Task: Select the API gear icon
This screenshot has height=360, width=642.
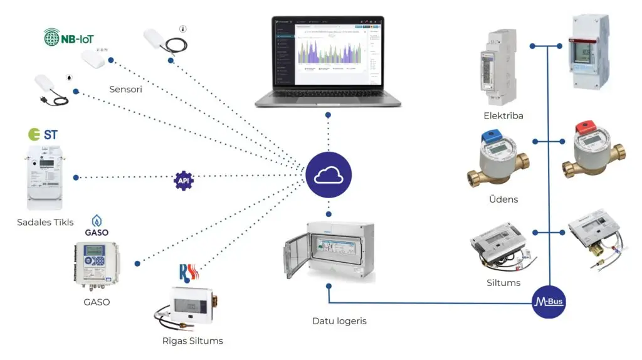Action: click(183, 180)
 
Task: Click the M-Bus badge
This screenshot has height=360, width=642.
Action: click(549, 302)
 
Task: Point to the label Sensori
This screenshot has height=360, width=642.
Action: click(125, 89)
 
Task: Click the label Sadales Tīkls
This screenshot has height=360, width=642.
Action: click(46, 222)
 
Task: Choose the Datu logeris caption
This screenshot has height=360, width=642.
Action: click(339, 321)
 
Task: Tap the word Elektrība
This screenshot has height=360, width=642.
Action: click(503, 115)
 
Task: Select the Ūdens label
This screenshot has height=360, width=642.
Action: click(503, 199)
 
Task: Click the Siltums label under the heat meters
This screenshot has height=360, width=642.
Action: click(503, 282)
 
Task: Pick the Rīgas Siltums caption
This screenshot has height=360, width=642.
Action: click(192, 341)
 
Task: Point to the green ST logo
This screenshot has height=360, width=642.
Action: click(44, 134)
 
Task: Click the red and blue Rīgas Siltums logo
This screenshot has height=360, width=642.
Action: click(189, 273)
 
